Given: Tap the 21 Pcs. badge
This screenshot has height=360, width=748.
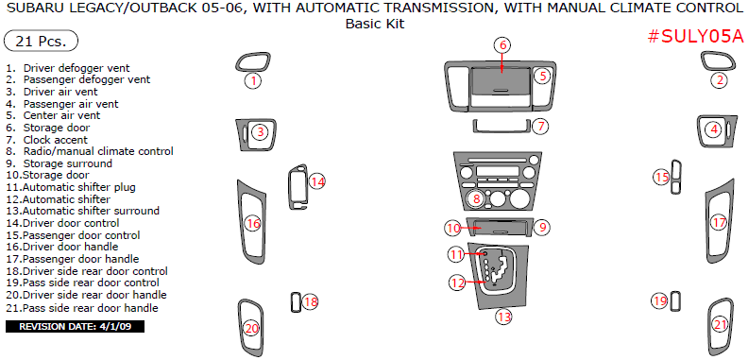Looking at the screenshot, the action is pos(41,41).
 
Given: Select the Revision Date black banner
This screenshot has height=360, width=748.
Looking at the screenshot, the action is pos(75,327).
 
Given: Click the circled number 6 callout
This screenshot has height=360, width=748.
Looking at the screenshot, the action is pos(502,45).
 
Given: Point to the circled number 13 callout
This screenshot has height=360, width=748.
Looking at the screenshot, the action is pos(503,316).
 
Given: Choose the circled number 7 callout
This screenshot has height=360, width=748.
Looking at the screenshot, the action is pos(540,127).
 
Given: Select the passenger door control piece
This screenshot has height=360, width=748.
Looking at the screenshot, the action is pos(676,178).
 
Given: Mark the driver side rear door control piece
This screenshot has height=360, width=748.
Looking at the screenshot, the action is pos(296,301).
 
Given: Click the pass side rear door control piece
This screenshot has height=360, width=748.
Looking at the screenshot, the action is pos(675,300).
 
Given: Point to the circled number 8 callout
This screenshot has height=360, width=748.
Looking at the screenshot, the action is pos(476,198).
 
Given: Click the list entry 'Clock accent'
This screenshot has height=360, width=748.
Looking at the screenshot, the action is pos(56,140).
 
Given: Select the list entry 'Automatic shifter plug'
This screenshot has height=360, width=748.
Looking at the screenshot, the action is pos(78,187).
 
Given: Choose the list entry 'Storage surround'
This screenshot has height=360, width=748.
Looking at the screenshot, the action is pos(68,163).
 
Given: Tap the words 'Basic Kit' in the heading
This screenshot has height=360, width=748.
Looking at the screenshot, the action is pos(375,24).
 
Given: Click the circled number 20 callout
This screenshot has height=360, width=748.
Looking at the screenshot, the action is pos(251,329).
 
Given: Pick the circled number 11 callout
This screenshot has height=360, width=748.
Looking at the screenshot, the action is pos(456,254).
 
